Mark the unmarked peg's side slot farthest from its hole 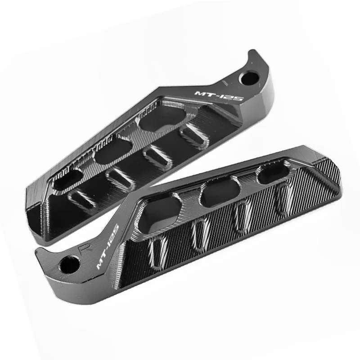pyautogui.click(x=81, y=198)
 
